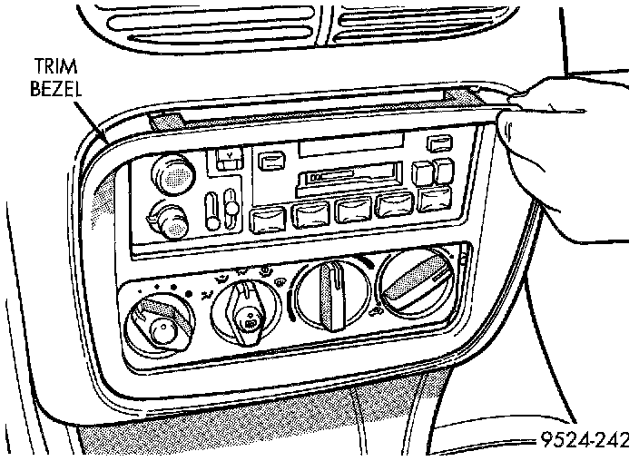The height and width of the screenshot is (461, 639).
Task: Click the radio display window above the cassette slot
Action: (350, 145)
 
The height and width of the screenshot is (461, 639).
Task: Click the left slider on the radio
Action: (211, 209)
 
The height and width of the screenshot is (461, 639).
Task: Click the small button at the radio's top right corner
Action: (440, 142)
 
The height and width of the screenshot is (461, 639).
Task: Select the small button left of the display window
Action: (270, 161)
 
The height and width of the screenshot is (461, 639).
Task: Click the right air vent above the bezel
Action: (408, 20)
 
